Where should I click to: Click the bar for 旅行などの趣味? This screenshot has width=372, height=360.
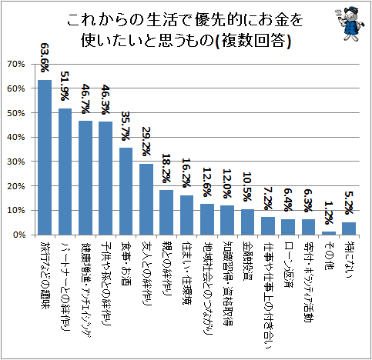point(45,158)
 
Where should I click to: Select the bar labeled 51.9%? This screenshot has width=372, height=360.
point(65,172)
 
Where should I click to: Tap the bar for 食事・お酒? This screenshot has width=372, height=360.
point(126,192)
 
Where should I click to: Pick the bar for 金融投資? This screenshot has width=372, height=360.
point(247,222)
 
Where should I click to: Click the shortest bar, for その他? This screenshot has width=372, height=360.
point(329,233)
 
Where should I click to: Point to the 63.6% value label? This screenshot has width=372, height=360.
point(45,58)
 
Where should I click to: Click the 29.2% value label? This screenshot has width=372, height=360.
point(146,142)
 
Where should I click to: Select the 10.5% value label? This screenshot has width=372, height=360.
point(247,187)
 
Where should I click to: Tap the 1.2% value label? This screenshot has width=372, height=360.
point(329,212)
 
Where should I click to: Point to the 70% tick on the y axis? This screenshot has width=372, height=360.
point(16,64)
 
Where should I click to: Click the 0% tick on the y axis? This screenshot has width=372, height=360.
point(19,235)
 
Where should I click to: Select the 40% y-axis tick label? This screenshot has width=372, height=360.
point(16,137)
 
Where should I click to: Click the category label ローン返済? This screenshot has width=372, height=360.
point(288,264)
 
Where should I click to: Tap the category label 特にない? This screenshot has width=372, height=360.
point(349,259)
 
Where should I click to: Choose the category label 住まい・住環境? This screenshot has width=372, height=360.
point(186,272)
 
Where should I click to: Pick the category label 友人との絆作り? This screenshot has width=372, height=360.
point(146,273)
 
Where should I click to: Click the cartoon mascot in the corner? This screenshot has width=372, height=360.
point(350,24)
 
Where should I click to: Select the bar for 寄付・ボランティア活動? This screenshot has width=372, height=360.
point(308,227)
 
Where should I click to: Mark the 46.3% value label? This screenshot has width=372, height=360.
point(106,100)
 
